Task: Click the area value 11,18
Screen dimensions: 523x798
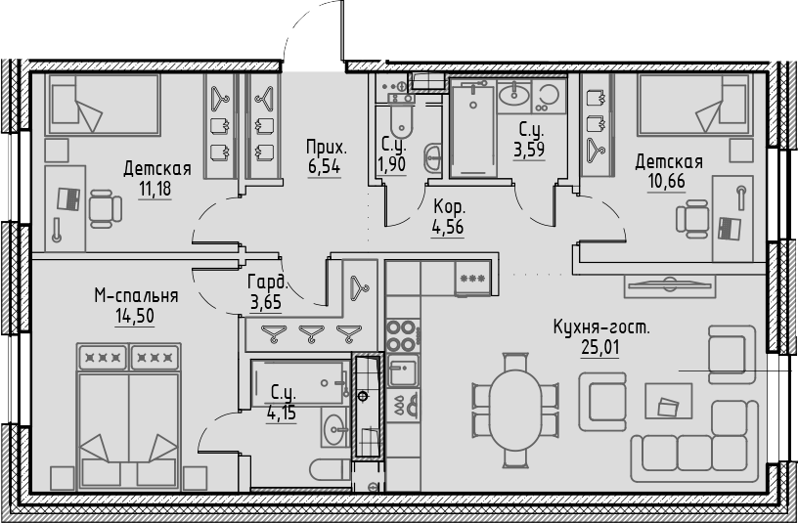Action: [155, 188]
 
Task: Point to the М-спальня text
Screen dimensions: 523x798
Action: [136, 295]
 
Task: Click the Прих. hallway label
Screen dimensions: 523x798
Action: [326, 147]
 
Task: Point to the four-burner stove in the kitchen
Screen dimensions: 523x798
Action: [402, 334]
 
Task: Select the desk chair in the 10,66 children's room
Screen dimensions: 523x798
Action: [696, 219]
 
